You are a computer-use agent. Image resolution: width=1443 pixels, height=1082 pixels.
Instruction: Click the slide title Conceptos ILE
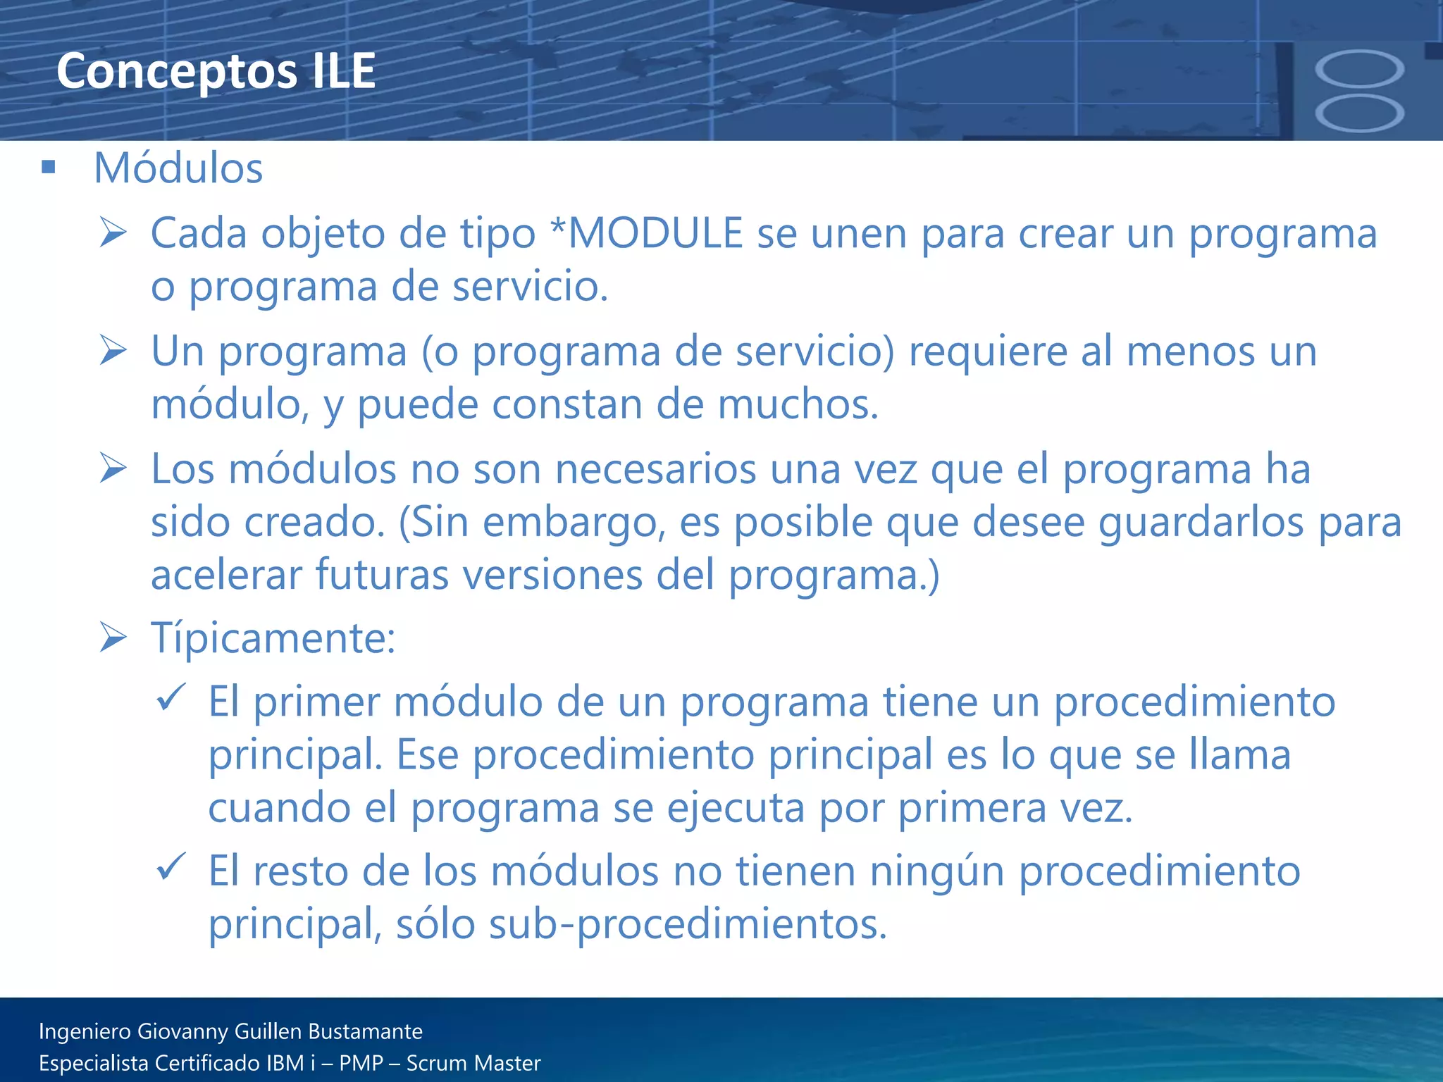click(x=216, y=71)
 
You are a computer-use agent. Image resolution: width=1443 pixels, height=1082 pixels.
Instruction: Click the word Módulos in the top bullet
click(x=178, y=168)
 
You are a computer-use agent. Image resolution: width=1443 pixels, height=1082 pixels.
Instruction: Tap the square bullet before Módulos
click(x=49, y=167)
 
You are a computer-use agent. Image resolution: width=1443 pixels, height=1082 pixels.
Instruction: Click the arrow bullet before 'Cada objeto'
click(x=113, y=232)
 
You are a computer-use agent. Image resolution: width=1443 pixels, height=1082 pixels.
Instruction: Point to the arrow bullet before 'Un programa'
click(x=113, y=350)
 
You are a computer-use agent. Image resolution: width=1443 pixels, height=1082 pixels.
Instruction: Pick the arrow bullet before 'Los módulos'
click(x=113, y=468)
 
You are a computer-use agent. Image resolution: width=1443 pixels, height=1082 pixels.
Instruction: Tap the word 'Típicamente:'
click(x=273, y=638)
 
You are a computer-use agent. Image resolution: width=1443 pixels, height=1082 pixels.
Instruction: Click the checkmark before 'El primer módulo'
click(x=171, y=697)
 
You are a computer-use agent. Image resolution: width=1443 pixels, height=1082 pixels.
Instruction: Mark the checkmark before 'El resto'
click(x=171, y=866)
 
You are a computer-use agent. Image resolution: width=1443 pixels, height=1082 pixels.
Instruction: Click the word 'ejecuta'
click(x=735, y=808)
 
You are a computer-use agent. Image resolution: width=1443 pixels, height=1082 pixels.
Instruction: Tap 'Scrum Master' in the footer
click(x=473, y=1063)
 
